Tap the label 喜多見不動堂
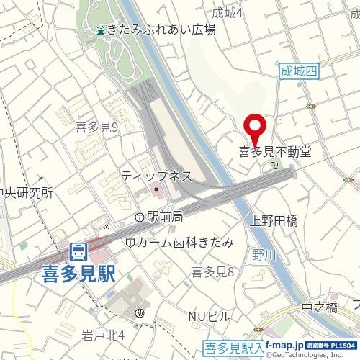click(275, 152)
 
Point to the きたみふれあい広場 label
click(161, 30)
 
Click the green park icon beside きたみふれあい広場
click(101, 30)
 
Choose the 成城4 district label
click(228, 12)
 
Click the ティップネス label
click(156, 176)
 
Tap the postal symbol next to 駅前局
click(140, 217)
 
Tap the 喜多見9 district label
click(96, 127)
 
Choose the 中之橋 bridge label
click(319, 307)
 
